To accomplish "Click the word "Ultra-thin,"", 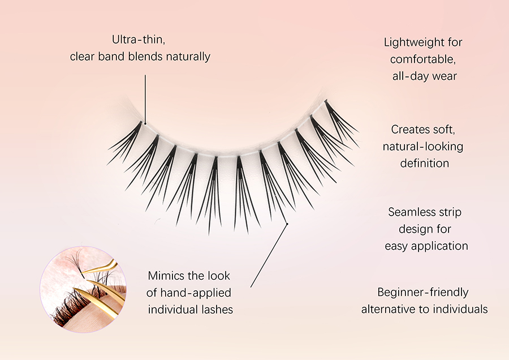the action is [139, 40].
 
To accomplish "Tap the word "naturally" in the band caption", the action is [188, 57].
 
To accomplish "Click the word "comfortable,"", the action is [423, 59].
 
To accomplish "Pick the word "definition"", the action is [424, 163].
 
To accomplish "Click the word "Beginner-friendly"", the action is [423, 293].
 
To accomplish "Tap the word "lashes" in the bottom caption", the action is [217, 310].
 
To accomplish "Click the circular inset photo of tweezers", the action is [83, 289].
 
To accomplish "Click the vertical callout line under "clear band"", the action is [145, 99].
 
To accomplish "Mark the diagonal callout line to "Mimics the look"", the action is [269, 256].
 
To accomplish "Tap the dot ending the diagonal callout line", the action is [287, 224].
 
